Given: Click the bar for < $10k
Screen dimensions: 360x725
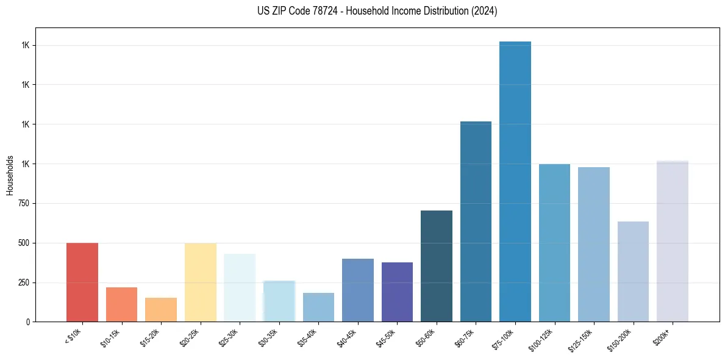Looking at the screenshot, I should pyautogui.click(x=82, y=282).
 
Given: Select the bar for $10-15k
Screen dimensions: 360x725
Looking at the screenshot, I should pyautogui.click(x=121, y=304).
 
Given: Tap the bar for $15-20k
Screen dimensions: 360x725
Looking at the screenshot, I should pyautogui.click(x=161, y=309).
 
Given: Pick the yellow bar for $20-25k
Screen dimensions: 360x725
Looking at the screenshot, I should pyautogui.click(x=200, y=282).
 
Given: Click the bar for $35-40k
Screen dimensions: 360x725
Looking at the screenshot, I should pyautogui.click(x=318, y=307).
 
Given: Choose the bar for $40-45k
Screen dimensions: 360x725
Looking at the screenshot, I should pyautogui.click(x=358, y=290).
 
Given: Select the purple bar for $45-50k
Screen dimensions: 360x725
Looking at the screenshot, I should pyautogui.click(x=397, y=292).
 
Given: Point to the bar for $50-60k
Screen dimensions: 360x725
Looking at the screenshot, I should pyautogui.click(x=437, y=266).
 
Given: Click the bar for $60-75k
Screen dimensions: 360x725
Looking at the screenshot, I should pyautogui.click(x=476, y=221).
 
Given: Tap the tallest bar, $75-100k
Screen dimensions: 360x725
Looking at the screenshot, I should pyautogui.click(x=515, y=181).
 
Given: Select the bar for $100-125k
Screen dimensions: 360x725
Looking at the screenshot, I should pyautogui.click(x=554, y=243).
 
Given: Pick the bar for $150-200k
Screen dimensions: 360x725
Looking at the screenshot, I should pyautogui.click(x=633, y=272).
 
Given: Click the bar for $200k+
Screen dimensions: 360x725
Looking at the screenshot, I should pyautogui.click(x=673, y=241).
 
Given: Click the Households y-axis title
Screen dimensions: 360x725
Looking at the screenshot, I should pyautogui.click(x=10, y=175).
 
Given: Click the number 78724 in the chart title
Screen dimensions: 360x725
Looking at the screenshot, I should pyautogui.click(x=320, y=11).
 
